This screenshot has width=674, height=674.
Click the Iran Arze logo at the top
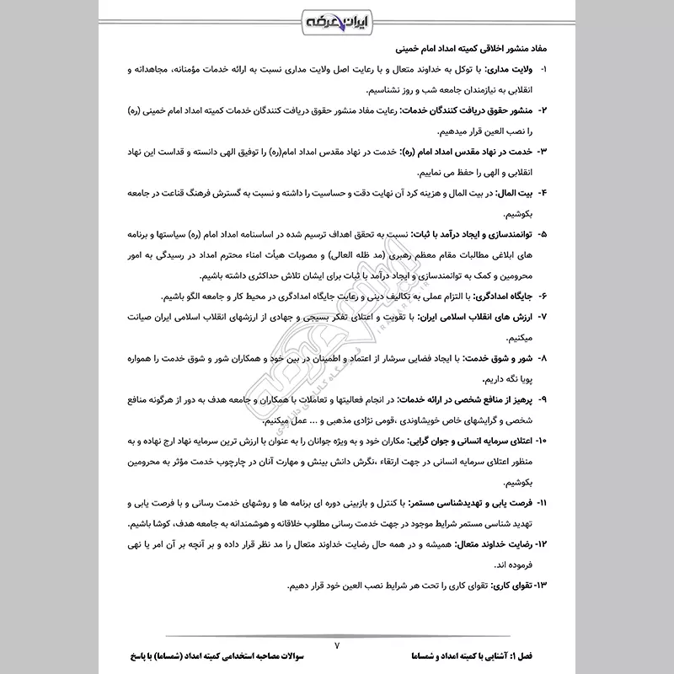pyautogui.click(x=337, y=19)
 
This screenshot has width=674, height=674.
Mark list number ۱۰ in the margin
pyautogui.click(x=541, y=441)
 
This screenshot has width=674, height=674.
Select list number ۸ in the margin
pyautogui.click(x=543, y=359)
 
